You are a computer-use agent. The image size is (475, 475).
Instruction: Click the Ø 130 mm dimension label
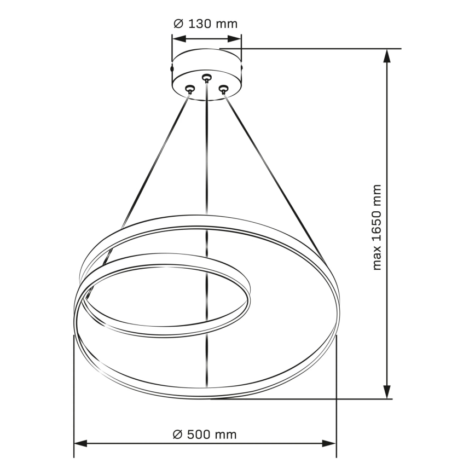(x=205, y=24)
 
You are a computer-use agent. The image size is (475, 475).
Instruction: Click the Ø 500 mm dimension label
(x=205, y=435)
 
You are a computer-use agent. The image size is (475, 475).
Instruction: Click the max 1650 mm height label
(x=376, y=228)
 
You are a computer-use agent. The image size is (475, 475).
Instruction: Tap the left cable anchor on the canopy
(x=190, y=89)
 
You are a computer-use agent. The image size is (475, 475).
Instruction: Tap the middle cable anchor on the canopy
(x=206, y=78)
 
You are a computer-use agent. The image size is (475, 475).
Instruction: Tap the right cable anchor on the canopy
(x=223, y=89)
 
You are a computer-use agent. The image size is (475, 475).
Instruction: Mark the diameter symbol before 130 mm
(x=178, y=24)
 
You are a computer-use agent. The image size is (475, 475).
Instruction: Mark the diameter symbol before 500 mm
(x=177, y=435)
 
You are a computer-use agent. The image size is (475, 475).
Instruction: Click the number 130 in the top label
(x=200, y=24)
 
